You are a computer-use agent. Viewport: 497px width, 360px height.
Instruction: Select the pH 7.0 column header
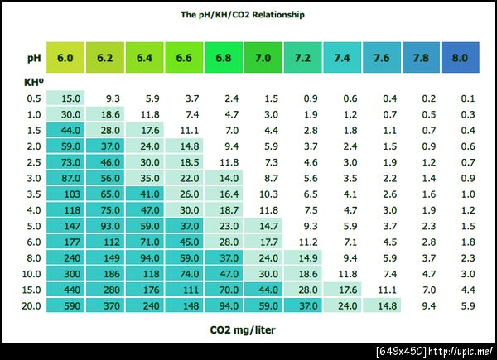click(x=263, y=58)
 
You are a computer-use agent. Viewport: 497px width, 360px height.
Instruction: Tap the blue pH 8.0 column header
click(x=461, y=58)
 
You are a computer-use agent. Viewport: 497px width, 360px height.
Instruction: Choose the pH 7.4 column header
click(x=342, y=58)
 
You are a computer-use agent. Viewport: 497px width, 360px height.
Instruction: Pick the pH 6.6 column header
click(x=185, y=58)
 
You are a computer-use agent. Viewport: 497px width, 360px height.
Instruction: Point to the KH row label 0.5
click(x=33, y=98)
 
